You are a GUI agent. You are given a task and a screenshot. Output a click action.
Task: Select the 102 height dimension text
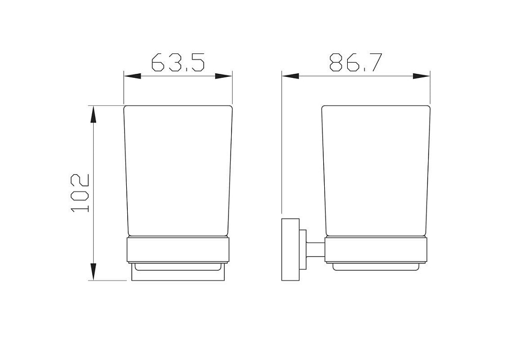79,193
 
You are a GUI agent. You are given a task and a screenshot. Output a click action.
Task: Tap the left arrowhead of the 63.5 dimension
132,76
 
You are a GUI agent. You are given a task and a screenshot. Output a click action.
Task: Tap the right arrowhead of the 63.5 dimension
223,76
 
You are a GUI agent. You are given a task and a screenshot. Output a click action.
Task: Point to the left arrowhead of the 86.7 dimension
291,76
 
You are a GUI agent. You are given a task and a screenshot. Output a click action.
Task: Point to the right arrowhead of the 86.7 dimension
421,76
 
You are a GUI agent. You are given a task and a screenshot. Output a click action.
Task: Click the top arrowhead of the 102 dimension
94,114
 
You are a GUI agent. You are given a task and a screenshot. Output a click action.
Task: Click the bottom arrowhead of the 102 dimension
94,272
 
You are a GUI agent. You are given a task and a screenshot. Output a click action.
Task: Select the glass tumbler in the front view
178,171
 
